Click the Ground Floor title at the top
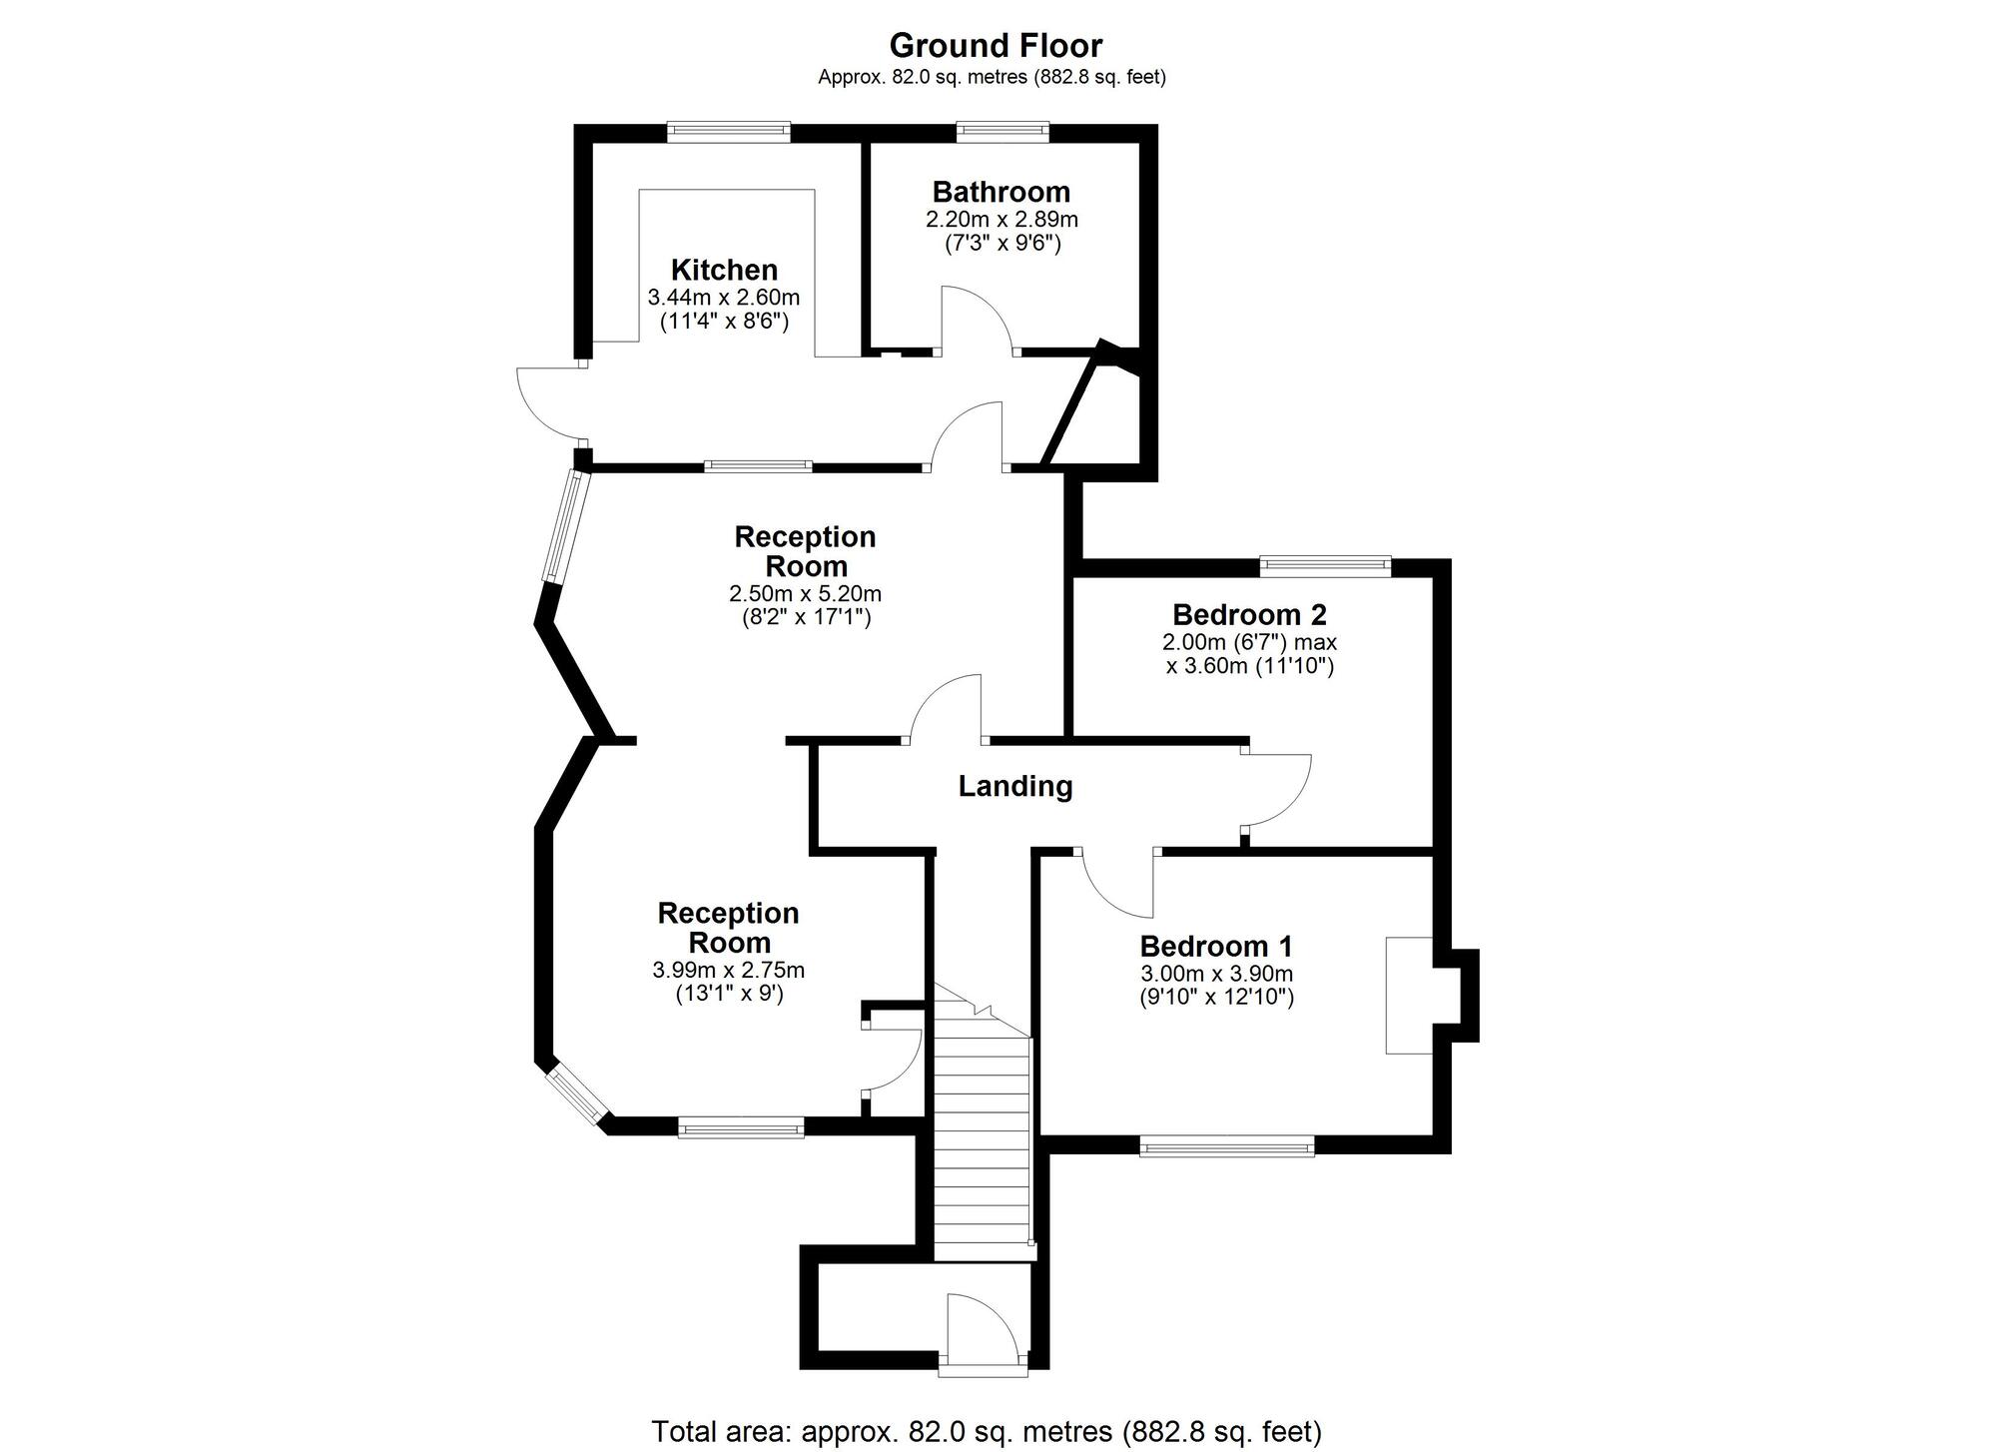[995, 46]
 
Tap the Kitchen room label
[724, 270]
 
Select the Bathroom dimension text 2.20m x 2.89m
[1001, 219]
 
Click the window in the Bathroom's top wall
[1002, 132]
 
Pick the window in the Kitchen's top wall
[728, 132]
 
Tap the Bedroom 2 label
[1249, 613]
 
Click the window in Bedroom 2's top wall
[1325, 566]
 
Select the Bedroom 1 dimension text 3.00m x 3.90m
[1216, 973]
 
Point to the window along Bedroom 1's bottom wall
[1227, 1146]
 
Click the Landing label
[1015, 786]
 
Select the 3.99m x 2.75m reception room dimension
[728, 970]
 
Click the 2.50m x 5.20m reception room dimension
[805, 593]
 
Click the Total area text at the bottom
[987, 1431]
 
